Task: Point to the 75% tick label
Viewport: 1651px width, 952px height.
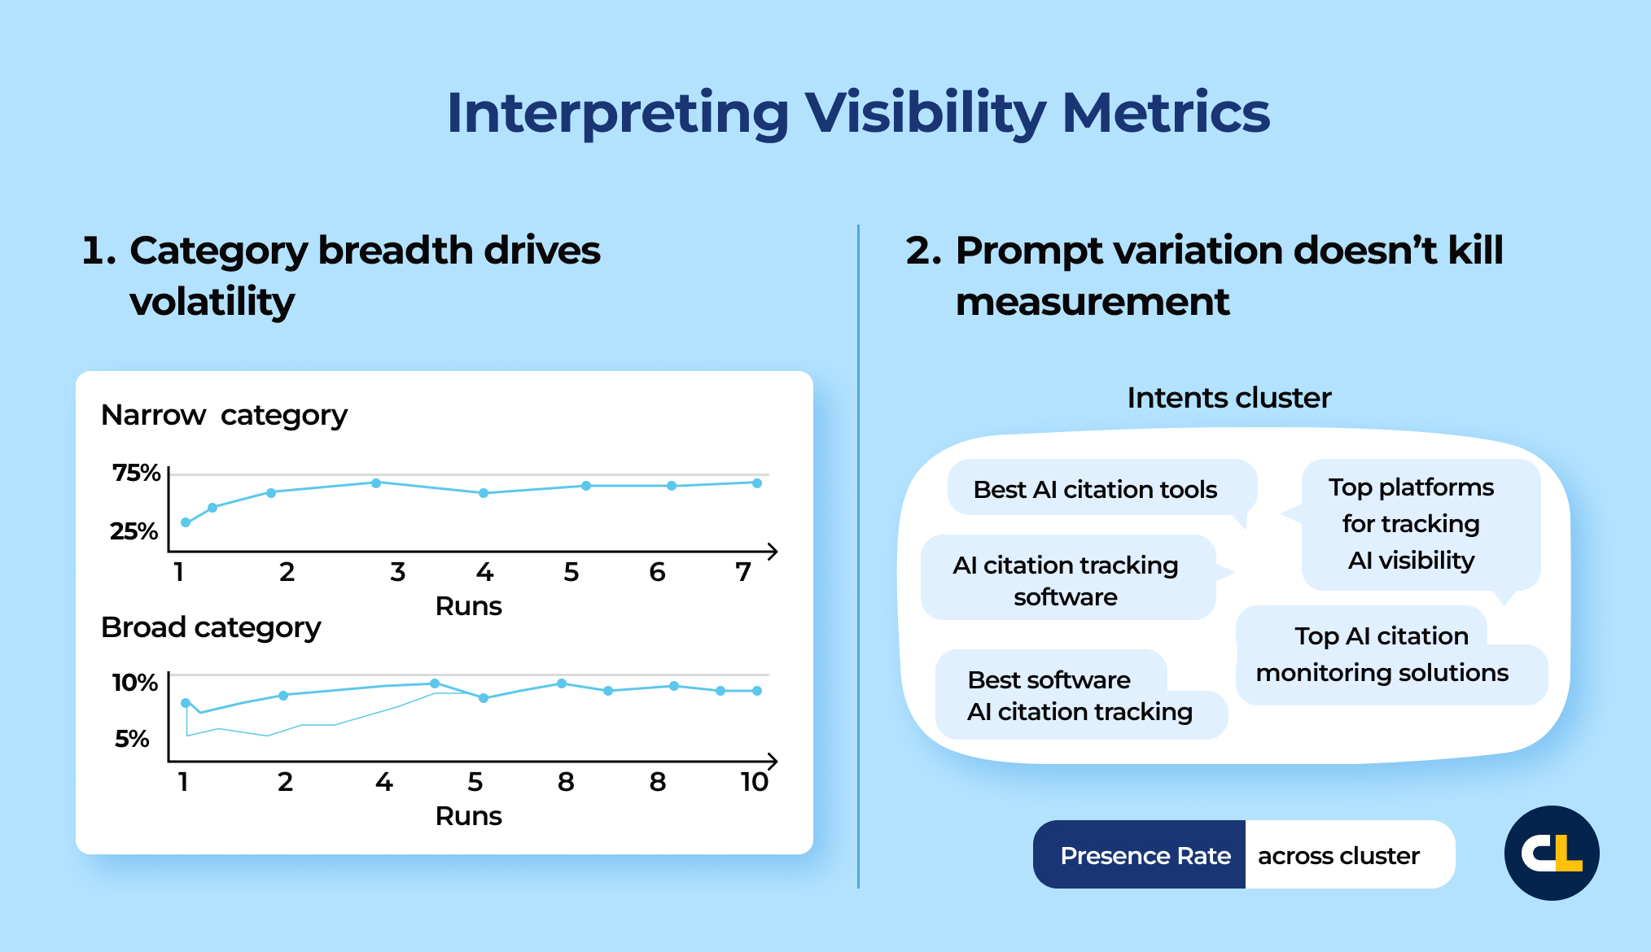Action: coord(136,472)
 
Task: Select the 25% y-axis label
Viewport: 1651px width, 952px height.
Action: coord(134,531)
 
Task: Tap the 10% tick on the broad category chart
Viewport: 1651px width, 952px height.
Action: coord(134,682)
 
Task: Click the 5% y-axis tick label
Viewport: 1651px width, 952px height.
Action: coord(132,738)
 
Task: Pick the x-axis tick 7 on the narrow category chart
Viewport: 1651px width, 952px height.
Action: coord(742,572)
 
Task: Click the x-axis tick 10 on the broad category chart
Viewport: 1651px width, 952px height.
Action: coord(754,782)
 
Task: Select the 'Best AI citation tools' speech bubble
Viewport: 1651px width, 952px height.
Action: coord(1095,489)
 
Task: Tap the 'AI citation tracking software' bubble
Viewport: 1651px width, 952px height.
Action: coord(1066,580)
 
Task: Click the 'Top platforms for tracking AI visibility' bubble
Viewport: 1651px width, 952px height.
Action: coord(1412,524)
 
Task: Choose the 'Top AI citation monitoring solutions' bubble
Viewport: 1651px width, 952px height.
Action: coord(1382,655)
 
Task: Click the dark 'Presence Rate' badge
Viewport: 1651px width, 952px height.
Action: coord(1145,855)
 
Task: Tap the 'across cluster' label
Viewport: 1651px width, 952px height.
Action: coord(1338,855)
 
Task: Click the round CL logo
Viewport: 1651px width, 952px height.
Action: coord(1552,853)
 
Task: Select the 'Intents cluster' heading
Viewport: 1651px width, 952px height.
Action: coord(1228,398)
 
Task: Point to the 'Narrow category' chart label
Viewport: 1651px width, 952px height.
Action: coord(224,415)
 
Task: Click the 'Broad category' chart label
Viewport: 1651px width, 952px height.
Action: coord(211,627)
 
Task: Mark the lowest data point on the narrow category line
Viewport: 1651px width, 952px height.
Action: coord(186,522)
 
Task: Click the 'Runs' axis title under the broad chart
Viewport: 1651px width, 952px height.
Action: coord(468,816)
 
